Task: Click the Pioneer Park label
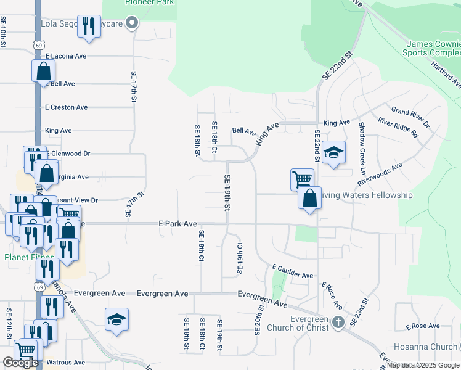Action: (x=150, y=2)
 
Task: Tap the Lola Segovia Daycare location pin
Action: (x=131, y=24)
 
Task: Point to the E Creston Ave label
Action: (x=66, y=107)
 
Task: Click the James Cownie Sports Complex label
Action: (x=433, y=49)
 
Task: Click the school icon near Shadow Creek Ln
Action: (x=333, y=152)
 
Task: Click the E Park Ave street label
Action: (x=177, y=223)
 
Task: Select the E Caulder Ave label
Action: (x=293, y=271)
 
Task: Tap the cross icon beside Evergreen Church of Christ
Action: (x=337, y=322)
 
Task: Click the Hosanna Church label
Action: (x=432, y=347)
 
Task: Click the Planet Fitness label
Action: (x=29, y=257)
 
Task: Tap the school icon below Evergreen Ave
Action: (x=116, y=319)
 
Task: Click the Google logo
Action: (x=20, y=363)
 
